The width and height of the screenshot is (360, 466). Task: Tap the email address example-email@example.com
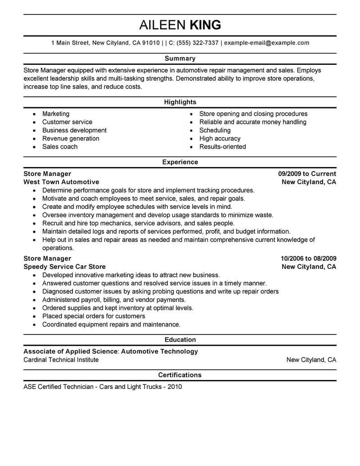266,43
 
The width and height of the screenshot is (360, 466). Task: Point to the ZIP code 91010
151,43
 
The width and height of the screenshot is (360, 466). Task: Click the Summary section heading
180,59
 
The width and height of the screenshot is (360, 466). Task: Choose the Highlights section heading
180,102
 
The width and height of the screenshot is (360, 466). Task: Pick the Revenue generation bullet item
71,139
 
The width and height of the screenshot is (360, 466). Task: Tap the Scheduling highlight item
215,131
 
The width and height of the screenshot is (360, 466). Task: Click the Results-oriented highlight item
223,147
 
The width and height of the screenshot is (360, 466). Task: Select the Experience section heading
180,162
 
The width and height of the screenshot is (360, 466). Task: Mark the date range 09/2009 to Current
307,174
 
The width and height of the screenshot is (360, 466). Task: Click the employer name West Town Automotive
61,182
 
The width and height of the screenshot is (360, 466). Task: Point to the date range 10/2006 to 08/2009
308,258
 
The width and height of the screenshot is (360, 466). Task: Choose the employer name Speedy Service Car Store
64,267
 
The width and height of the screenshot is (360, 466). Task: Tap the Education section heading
180,340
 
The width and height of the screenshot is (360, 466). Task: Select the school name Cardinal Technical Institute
61,360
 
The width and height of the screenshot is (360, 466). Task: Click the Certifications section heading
180,375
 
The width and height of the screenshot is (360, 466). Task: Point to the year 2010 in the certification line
174,387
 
